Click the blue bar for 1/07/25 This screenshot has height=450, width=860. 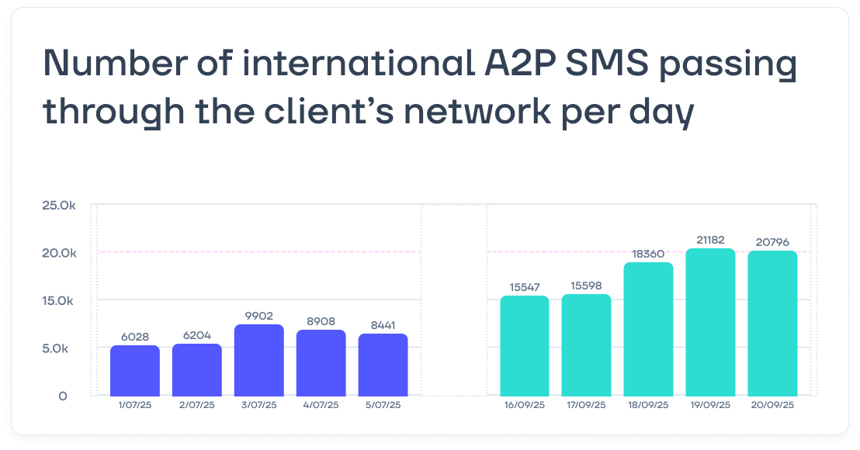pos(135,371)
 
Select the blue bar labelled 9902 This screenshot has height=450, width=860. pos(259,361)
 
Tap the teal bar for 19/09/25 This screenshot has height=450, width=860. pos(710,323)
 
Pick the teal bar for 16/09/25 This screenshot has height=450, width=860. pos(524,346)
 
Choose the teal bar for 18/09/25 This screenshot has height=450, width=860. pos(648,330)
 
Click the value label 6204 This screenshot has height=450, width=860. pos(197,336)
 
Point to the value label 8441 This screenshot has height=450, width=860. pos(383,326)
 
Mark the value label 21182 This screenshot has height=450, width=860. pos(710,240)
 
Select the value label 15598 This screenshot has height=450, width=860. pos(586,286)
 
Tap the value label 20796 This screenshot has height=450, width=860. pos(772,243)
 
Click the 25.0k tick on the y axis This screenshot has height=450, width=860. pos(60,206)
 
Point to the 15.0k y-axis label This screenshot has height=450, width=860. pos(60,300)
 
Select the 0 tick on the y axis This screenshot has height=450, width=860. pos(63,396)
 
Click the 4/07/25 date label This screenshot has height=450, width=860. pos(321,405)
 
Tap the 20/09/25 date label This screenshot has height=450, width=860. pos(772,405)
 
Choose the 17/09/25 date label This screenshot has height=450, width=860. pos(586,405)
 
